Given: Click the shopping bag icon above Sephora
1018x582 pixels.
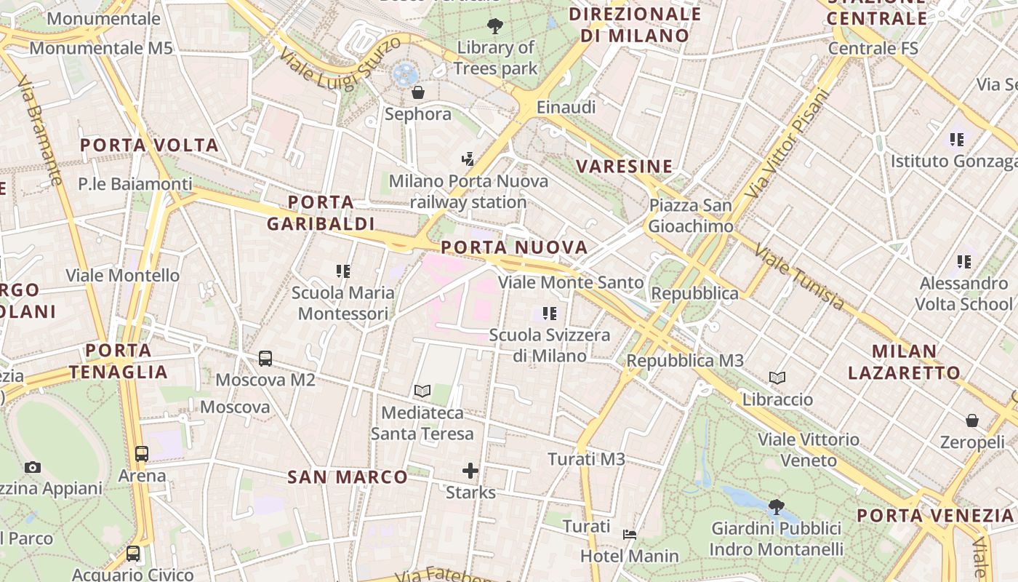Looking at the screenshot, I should coord(417,92).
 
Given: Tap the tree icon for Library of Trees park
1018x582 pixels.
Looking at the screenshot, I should coord(495,27).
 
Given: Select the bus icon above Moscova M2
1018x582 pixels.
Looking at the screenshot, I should coord(265,358).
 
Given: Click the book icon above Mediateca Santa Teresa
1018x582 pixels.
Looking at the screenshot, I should coord(422,391).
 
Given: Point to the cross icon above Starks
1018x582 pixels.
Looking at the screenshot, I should coord(470,471).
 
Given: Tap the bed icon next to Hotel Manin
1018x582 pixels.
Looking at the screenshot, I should coord(630,535).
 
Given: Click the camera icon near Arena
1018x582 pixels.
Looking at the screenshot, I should coord(32,467).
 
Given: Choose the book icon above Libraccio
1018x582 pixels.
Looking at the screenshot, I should coord(777,378).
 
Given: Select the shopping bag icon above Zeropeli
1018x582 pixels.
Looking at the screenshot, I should coord(972,420).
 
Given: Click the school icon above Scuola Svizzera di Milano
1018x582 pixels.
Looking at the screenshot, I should coord(550,314).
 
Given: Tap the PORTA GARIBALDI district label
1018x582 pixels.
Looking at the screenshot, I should coord(321,212).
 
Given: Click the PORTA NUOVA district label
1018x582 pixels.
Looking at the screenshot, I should coord(514,247).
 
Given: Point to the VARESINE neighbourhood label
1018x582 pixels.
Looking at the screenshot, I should coord(625,167).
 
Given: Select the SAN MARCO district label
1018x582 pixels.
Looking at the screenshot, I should coord(348,477).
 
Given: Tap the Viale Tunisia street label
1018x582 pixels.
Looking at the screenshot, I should coord(800,276).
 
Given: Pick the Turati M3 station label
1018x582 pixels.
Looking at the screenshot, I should coord(586,459).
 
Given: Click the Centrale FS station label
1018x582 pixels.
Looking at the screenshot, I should coord(873,49).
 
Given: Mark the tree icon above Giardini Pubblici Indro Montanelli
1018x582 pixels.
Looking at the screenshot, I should coord(776,506).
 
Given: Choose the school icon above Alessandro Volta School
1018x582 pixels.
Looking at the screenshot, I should coord(964,261).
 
